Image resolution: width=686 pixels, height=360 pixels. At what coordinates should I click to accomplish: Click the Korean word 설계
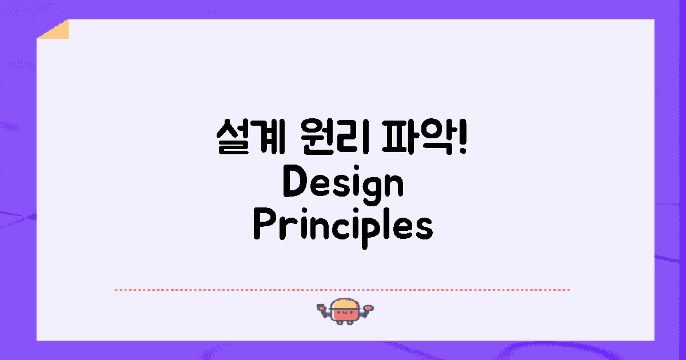[x=251, y=136]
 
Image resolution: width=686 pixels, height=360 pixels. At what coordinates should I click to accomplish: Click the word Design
[x=343, y=185]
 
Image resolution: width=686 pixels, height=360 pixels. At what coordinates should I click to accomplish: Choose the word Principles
[x=343, y=228]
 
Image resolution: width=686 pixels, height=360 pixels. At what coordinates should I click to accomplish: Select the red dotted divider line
[x=342, y=290]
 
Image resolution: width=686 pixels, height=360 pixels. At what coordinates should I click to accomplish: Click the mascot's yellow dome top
[x=345, y=304]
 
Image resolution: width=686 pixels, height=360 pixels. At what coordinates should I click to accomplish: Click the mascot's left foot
[x=340, y=322]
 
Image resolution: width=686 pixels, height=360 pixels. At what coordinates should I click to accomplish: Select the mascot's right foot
[x=350, y=322]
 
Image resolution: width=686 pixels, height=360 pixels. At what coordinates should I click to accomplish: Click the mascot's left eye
[x=338, y=312]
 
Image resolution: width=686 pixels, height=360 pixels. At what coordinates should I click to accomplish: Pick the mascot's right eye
[x=351, y=312]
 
